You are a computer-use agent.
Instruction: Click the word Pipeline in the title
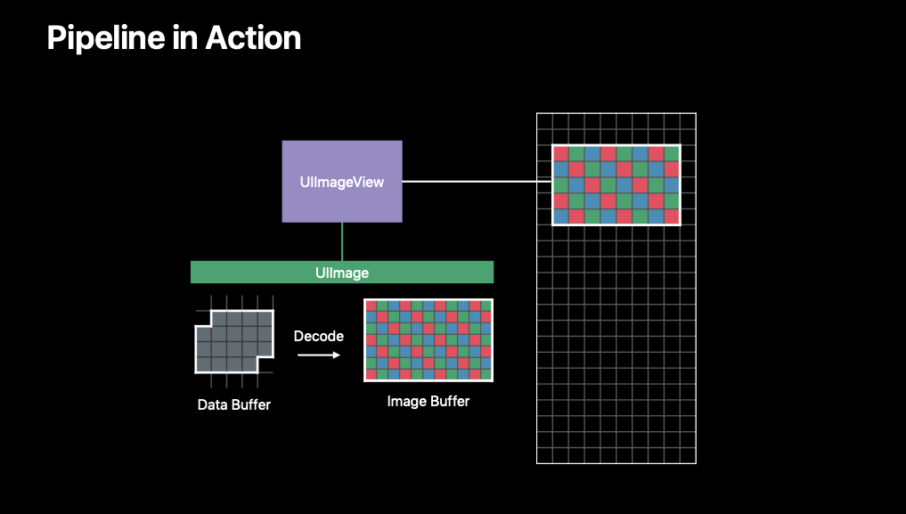pyautogui.click(x=106, y=38)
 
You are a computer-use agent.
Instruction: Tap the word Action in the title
pyautogui.click(x=253, y=38)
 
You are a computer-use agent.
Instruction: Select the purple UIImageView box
pyautogui.click(x=342, y=182)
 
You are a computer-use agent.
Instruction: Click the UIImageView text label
pyautogui.click(x=342, y=182)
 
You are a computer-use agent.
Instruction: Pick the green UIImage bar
pyautogui.click(x=342, y=272)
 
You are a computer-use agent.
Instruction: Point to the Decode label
pyautogui.click(x=318, y=336)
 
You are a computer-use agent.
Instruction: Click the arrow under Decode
pyautogui.click(x=319, y=355)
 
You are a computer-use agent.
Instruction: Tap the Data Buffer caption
pyautogui.click(x=234, y=404)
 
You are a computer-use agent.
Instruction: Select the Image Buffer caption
pyautogui.click(x=429, y=401)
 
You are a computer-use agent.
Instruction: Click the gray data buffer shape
pyautogui.click(x=234, y=342)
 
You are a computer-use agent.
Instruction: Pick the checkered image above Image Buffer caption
pyautogui.click(x=429, y=340)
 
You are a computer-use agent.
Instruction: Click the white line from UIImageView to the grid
pyautogui.click(x=477, y=182)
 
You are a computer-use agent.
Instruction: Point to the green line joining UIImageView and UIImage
pyautogui.click(x=342, y=241)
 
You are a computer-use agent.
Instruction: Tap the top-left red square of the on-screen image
pyautogui.click(x=561, y=153)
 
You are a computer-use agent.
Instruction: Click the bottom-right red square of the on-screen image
pyautogui.click(x=672, y=216)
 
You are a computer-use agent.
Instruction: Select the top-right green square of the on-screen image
pyautogui.click(x=672, y=153)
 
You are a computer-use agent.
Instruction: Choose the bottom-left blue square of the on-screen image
pyautogui.click(x=561, y=216)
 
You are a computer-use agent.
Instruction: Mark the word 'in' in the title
pyautogui.click(x=185, y=38)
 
